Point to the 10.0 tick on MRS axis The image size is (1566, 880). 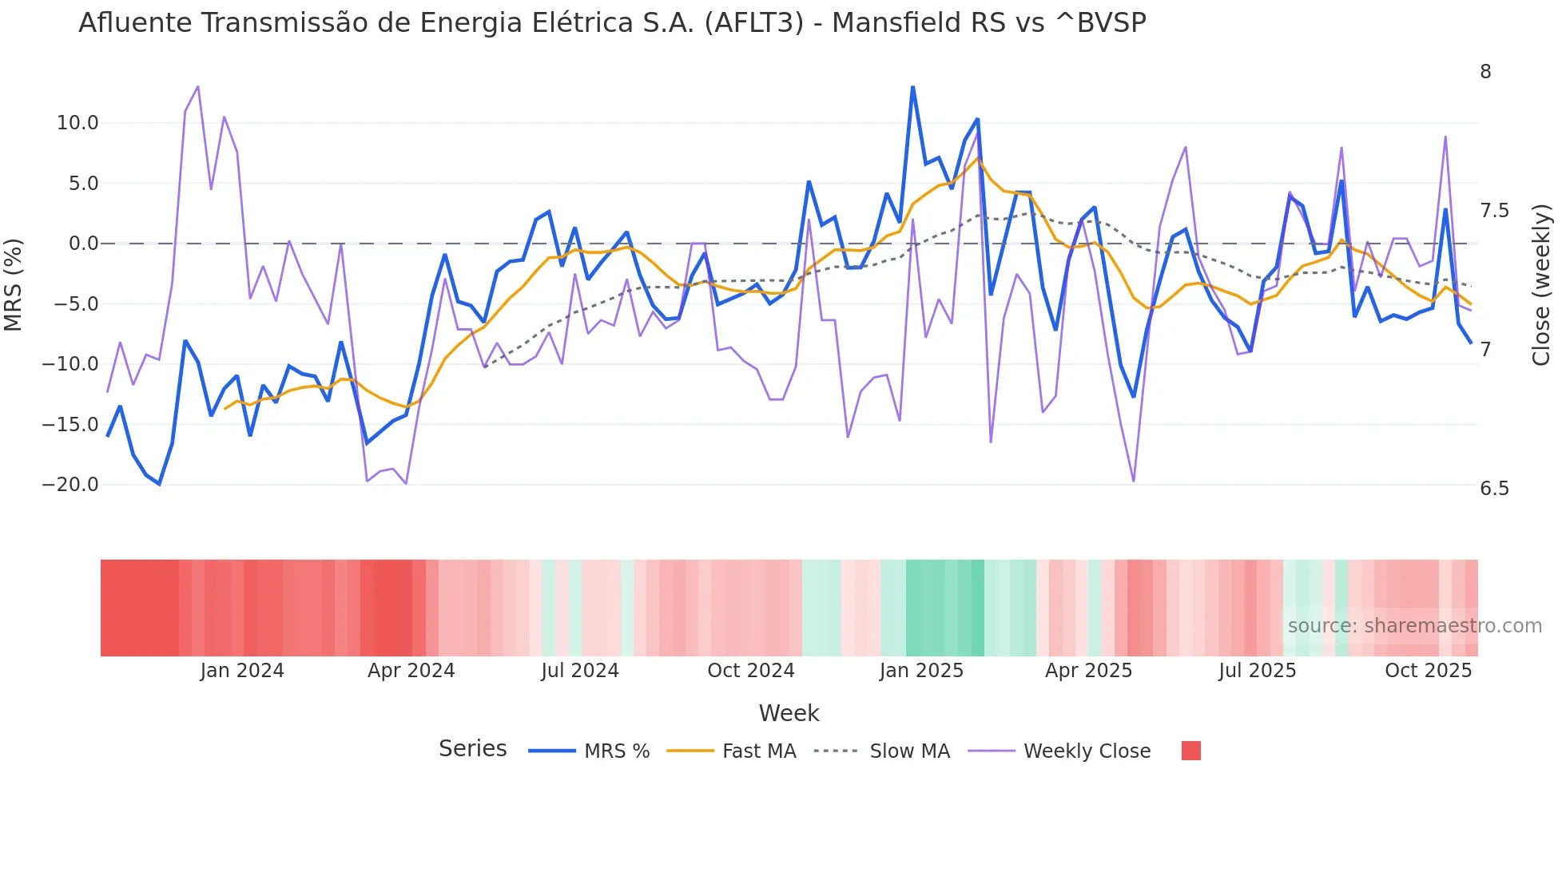click(78, 123)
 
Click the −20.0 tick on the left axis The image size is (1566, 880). click(71, 485)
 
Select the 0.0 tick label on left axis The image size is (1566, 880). click(84, 244)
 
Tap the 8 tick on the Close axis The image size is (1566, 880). click(1485, 72)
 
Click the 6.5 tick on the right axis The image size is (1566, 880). click(1494, 489)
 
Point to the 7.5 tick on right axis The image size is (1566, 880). click(1494, 211)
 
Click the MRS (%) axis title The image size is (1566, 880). click(14, 284)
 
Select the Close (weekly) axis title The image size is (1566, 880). click(1541, 284)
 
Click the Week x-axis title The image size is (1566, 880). click(789, 713)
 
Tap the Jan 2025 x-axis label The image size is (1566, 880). click(921, 671)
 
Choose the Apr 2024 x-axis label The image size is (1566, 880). click(411, 671)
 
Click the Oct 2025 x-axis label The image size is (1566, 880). click(1428, 671)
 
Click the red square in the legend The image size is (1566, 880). click(1190, 751)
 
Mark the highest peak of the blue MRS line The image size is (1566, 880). click(912, 87)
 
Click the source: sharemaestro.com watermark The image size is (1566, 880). click(1414, 626)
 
